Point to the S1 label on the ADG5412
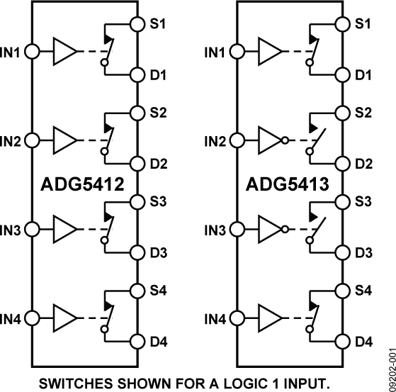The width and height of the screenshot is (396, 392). coord(159,24)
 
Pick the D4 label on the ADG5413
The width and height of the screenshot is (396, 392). coord(363,342)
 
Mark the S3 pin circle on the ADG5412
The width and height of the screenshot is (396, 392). coord(136,201)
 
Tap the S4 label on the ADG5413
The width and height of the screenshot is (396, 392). coord(363,290)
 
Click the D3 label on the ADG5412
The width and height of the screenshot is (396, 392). coord(159,253)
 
